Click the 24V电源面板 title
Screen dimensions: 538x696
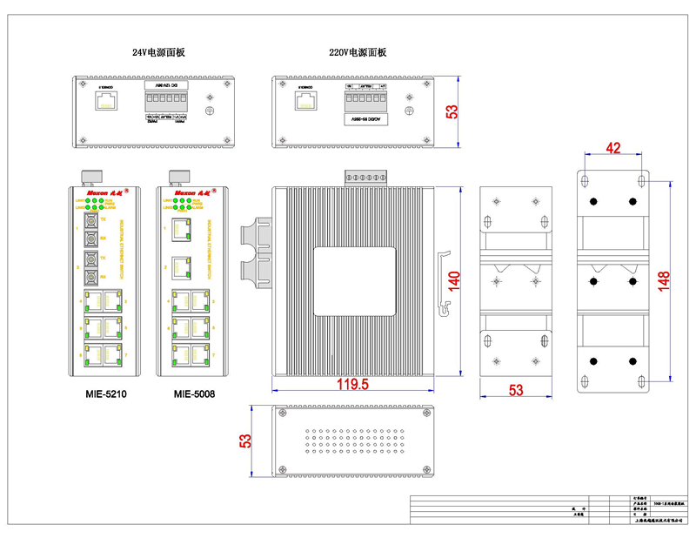(158, 52)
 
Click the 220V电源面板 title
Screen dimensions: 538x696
(357, 52)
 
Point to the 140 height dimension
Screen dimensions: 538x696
(452, 282)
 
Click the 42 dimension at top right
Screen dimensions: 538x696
(612, 149)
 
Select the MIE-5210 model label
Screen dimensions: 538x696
(106, 394)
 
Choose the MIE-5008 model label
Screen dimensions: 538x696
(194, 394)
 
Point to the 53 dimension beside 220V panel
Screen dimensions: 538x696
(452, 111)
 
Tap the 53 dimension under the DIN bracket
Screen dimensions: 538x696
(517, 391)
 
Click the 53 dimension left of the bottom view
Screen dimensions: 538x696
(245, 441)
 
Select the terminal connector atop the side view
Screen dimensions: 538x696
(365, 178)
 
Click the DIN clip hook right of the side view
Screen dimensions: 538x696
(444, 279)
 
